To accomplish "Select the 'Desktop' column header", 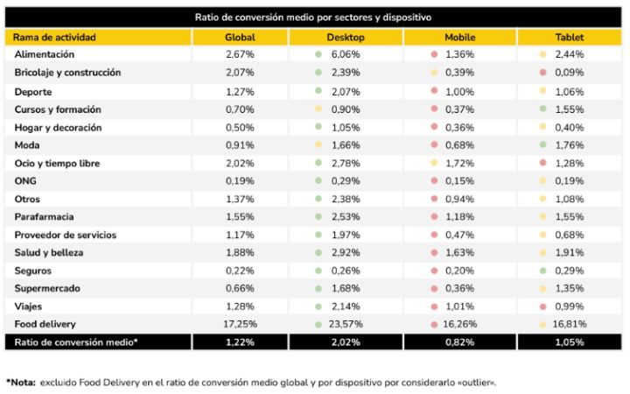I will click(346, 38).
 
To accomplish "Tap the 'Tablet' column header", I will click(570, 38).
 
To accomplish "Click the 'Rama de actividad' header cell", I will click(54, 38).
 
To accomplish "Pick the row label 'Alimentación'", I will click(45, 55).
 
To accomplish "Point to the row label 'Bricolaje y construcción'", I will click(67, 73).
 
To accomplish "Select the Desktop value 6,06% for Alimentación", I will click(348, 55).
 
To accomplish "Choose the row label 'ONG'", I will click(26, 181).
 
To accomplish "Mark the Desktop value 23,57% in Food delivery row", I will click(350, 324).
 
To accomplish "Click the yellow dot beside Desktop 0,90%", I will click(319, 109).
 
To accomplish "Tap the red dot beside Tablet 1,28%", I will click(543, 164).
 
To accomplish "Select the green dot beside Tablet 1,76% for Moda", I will click(543, 145).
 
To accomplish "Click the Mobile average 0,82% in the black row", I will click(459, 342).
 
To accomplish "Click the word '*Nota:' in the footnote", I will click(24, 383).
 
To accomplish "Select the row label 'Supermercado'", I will click(48, 288).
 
